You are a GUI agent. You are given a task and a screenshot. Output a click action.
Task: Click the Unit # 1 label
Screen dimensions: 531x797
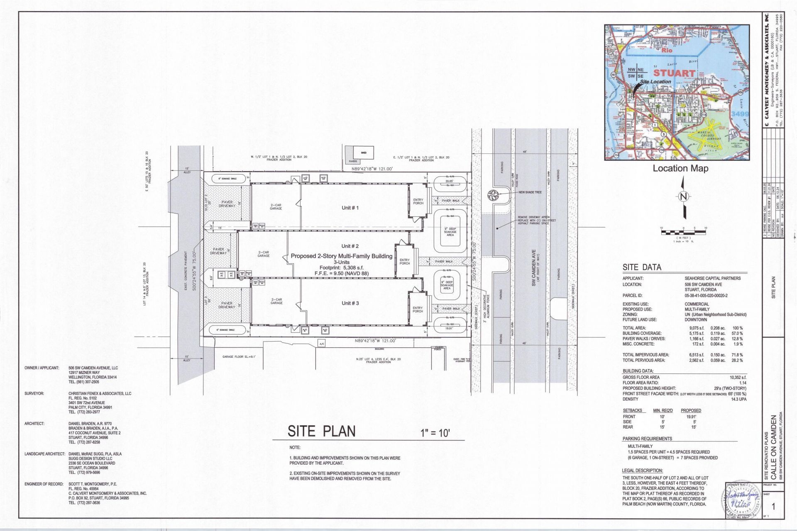[x=350, y=208]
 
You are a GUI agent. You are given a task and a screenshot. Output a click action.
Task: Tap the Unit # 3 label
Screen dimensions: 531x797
[x=350, y=303]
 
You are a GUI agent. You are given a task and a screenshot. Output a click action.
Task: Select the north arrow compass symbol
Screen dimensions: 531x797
[x=684, y=197]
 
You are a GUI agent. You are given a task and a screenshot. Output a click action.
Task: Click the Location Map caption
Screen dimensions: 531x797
[x=680, y=168]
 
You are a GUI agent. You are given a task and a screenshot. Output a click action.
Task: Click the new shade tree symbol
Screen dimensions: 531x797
[x=493, y=195]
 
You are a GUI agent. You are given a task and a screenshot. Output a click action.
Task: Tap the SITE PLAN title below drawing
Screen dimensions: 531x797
[x=322, y=431]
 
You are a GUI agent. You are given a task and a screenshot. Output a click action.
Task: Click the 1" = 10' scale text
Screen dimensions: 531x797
[x=433, y=433]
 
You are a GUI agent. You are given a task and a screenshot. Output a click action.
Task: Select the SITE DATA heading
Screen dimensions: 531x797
[x=642, y=267]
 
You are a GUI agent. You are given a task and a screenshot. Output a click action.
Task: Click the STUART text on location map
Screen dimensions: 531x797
[x=674, y=73]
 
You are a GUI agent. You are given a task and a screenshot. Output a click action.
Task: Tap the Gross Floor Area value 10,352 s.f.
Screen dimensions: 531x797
[x=738, y=377]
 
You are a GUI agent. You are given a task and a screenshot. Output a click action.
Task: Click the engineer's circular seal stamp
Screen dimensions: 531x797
[x=742, y=500]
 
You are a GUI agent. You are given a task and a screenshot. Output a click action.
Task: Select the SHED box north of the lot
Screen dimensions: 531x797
[x=364, y=153]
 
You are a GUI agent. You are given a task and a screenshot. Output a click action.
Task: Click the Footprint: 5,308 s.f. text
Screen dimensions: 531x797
[x=341, y=268]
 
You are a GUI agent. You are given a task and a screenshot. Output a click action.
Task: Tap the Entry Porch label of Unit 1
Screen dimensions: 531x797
[x=418, y=201]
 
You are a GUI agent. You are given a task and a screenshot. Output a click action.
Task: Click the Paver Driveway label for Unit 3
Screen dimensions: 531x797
[x=227, y=305]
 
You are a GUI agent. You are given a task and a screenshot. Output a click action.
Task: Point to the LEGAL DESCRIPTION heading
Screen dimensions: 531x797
[x=642, y=470]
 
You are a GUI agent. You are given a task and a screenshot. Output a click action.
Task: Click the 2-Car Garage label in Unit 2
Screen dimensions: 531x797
[x=264, y=254]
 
